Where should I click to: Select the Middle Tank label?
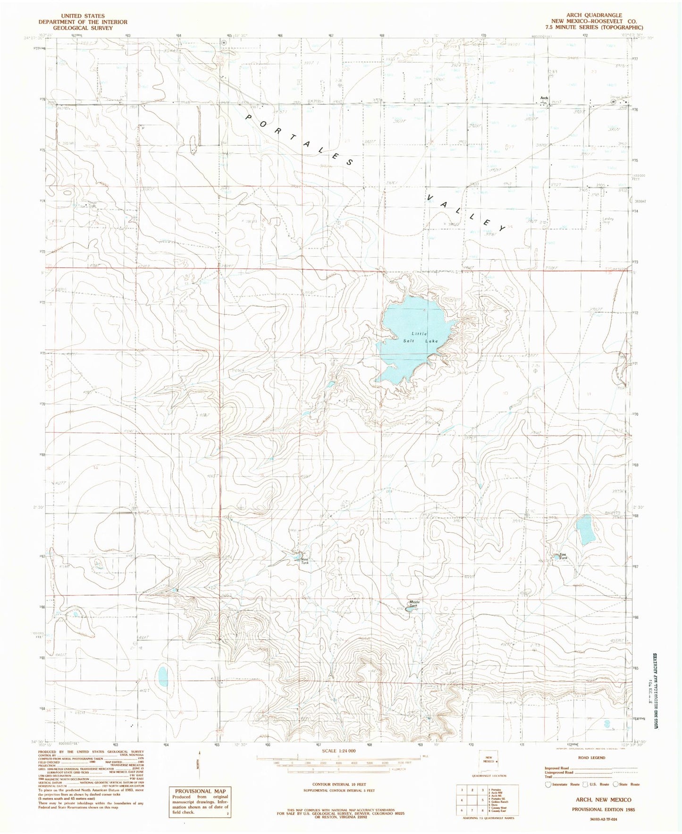414,603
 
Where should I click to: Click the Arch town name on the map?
544,98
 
